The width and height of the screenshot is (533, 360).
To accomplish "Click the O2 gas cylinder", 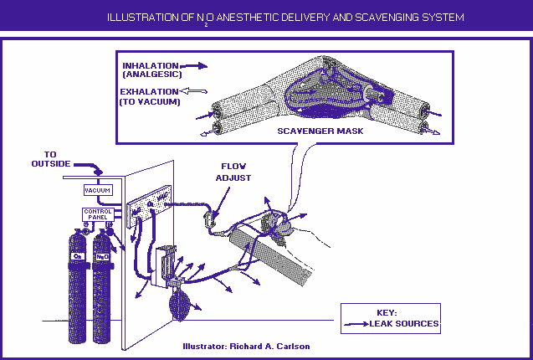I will coord(79,285).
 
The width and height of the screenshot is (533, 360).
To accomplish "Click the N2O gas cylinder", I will coord(104,285).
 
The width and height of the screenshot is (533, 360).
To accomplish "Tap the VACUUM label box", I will coord(97,190).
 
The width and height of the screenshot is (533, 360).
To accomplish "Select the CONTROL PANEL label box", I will coord(97,213).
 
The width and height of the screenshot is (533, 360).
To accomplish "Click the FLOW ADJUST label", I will coord(235,171).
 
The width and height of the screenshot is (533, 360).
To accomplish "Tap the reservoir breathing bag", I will coord(179,305).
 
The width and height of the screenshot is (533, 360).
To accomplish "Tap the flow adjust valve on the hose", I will coord(212,222).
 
